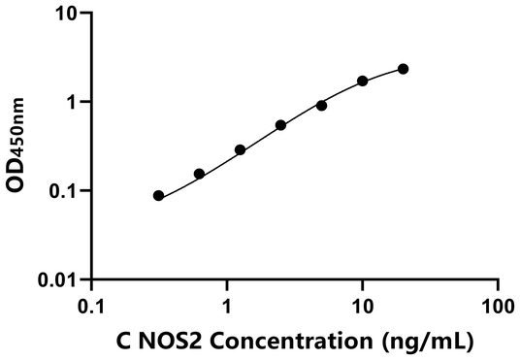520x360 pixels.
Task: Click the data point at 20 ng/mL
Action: pyautogui.click(x=404, y=69)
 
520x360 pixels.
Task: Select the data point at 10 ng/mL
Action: pyautogui.click(x=363, y=81)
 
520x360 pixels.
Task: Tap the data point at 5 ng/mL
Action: pyautogui.click(x=322, y=105)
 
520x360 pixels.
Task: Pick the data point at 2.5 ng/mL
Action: pyautogui.click(x=280, y=125)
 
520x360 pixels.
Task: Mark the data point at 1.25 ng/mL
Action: pyautogui.click(x=240, y=150)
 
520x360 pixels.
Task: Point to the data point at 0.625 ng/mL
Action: pyautogui.click(x=199, y=174)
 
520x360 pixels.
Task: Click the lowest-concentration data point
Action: pyautogui.click(x=158, y=195)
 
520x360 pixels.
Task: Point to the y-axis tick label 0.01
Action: pyautogui.click(x=62, y=280)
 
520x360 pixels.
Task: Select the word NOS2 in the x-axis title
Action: pyautogui.click(x=165, y=341)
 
